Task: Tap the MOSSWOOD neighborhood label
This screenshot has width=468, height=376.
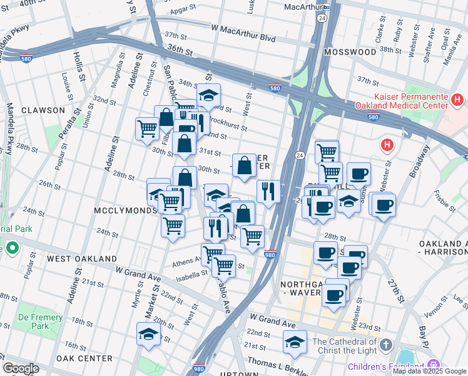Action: pos(350,52)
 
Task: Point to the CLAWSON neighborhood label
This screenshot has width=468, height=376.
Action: pos(43,110)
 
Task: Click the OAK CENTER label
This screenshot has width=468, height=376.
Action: pos(83,358)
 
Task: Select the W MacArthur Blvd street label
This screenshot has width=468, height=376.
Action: pos(243,38)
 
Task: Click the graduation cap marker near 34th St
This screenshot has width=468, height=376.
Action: pos(208,95)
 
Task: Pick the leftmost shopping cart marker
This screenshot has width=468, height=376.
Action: pos(147,128)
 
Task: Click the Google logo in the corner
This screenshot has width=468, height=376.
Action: pos(21,368)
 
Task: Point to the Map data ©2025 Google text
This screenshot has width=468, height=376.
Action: pos(429,371)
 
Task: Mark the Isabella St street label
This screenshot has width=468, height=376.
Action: pos(190,274)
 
